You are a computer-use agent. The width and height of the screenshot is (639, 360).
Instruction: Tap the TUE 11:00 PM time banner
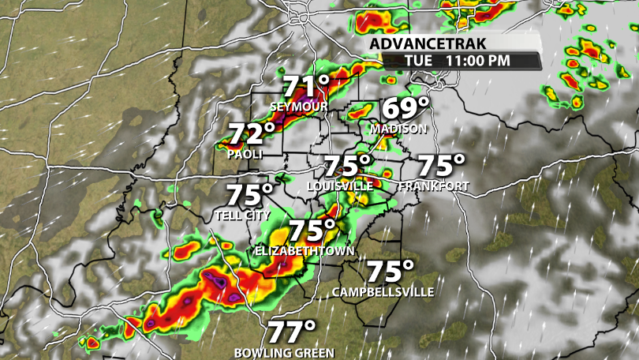tap(458, 60)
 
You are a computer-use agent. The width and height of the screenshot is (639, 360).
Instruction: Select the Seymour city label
tap(298, 107)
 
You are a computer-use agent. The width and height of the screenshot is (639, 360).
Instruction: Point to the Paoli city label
tap(245, 154)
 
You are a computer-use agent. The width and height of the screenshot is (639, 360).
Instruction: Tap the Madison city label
tap(398, 129)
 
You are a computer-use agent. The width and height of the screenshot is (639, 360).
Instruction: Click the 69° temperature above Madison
tap(406, 108)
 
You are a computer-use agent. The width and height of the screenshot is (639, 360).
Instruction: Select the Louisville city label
tap(340, 186)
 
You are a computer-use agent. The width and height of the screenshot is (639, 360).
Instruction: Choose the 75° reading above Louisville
tap(348, 166)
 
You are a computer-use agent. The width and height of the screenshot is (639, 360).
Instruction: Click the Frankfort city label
tap(434, 186)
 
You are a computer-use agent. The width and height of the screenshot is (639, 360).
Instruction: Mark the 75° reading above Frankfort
tap(441, 166)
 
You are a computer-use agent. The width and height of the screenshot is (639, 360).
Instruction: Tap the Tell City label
tap(242, 215)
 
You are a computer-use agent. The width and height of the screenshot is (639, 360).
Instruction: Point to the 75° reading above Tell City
tap(250, 194)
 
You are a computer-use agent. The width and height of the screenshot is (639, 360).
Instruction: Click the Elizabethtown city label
tap(305, 250)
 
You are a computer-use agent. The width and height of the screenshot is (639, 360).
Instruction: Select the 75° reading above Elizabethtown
tap(312, 231)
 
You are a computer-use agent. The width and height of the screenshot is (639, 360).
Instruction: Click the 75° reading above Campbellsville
tap(390, 272)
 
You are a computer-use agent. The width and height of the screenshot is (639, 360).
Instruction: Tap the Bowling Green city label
tap(284, 353)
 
